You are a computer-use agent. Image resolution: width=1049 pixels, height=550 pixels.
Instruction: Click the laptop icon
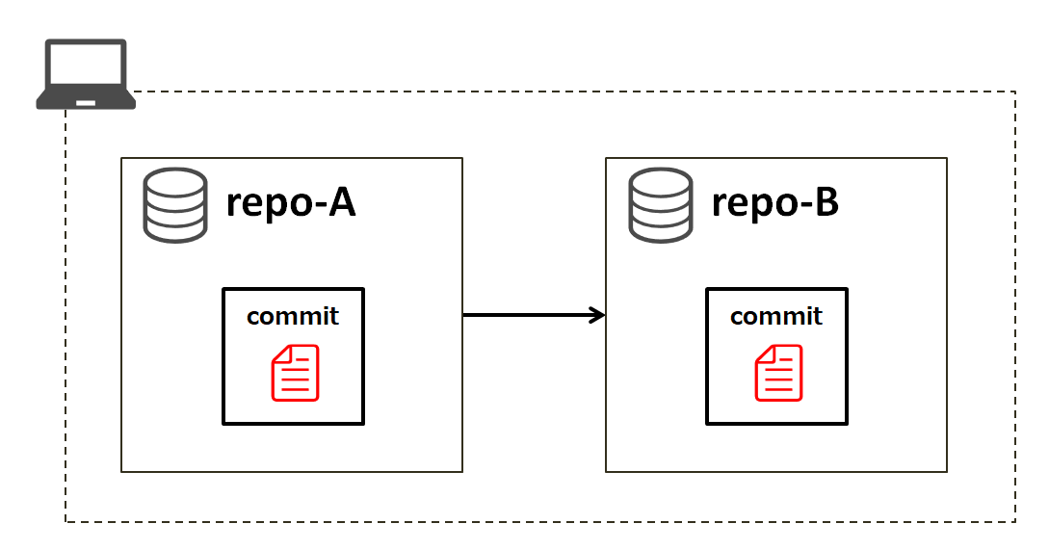click(x=86, y=74)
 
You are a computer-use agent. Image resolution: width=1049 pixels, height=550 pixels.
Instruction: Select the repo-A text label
click(x=291, y=203)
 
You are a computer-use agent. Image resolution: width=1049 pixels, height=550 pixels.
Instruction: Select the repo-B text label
click(x=775, y=203)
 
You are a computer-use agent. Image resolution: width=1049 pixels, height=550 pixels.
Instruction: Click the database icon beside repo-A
click(x=175, y=204)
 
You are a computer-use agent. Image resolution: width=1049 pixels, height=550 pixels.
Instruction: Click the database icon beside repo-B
click(x=660, y=204)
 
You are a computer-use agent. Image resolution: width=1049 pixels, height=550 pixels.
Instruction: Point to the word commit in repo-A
click(x=293, y=316)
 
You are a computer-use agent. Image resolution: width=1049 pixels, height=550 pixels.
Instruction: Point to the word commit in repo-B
click(x=776, y=316)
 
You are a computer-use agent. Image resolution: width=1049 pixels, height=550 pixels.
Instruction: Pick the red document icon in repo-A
click(x=295, y=373)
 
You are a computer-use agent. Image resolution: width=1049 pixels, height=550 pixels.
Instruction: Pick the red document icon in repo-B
click(x=778, y=373)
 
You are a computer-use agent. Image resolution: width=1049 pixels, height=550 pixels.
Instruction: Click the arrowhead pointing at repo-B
click(x=598, y=315)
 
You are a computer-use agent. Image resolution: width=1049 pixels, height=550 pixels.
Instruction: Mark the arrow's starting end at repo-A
click(x=466, y=315)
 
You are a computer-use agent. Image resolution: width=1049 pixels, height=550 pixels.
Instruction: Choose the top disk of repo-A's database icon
click(x=175, y=182)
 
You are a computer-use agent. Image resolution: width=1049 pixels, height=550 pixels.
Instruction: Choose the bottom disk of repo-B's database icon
click(x=660, y=228)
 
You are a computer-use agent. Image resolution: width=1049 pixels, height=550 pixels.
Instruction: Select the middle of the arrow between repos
click(x=534, y=315)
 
